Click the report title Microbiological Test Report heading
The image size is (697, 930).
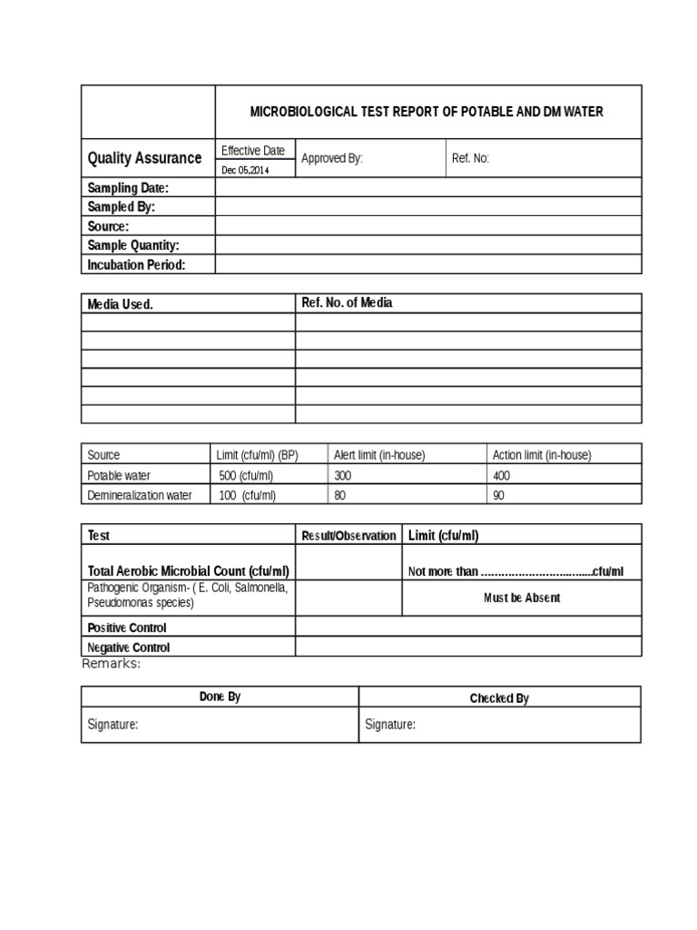tap(427, 112)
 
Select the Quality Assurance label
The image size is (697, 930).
tap(144, 158)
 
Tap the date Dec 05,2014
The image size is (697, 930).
tap(245, 170)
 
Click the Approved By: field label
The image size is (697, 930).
tap(331, 158)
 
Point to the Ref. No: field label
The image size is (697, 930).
tap(470, 158)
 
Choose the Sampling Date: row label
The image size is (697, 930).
tap(128, 188)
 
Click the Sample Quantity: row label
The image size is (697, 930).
tap(133, 245)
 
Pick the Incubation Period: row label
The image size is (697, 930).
tap(136, 264)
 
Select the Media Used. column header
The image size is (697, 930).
tap(120, 304)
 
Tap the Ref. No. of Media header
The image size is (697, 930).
tap(347, 303)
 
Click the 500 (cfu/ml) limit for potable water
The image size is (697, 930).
tap(247, 475)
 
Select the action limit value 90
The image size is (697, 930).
tap(499, 495)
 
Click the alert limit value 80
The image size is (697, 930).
tap(340, 495)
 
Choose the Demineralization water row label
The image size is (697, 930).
tap(140, 495)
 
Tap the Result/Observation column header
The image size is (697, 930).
tap(348, 535)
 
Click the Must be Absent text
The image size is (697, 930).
tap(521, 598)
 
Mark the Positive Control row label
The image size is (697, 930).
tap(127, 628)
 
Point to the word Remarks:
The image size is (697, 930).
tap(112, 663)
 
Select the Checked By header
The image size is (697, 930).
tap(499, 698)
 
